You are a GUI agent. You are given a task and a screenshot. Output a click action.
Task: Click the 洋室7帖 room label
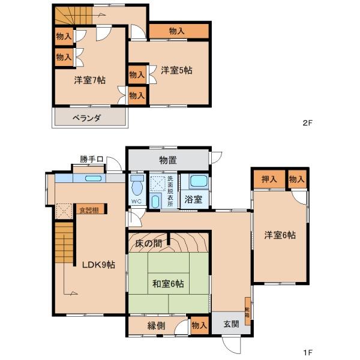(x=90, y=80)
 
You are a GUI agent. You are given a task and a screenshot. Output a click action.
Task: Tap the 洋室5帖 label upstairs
(x=176, y=70)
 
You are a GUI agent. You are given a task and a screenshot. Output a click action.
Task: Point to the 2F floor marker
(x=308, y=124)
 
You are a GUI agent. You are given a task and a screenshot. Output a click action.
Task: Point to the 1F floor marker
(x=308, y=352)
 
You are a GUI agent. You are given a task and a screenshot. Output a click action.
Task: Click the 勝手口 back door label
(x=92, y=159)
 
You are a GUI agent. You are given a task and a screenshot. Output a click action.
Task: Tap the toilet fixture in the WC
(x=136, y=182)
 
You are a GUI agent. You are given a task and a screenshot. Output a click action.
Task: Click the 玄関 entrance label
(x=231, y=324)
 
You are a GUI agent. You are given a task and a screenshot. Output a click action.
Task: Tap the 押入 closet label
(x=269, y=179)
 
